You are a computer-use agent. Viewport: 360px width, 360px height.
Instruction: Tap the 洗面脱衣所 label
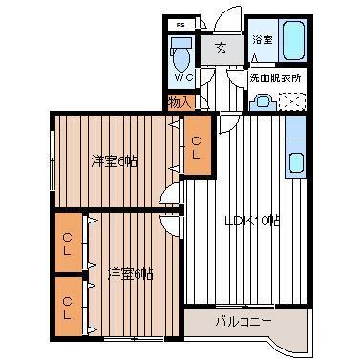[x=274, y=76]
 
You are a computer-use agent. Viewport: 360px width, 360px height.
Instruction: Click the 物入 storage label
[x=179, y=102]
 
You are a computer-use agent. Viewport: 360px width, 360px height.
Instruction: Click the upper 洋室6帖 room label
[x=115, y=160]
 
